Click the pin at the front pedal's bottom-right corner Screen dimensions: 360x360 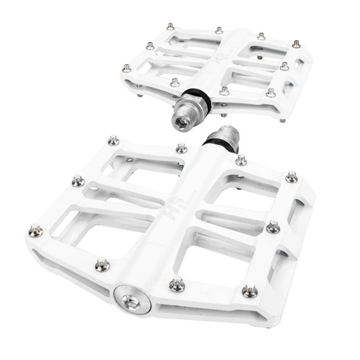coord(249,290)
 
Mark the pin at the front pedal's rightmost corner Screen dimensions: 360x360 coord(290,178)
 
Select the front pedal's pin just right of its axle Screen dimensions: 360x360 coord(241,160)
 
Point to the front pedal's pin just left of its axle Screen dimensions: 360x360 coord(181,148)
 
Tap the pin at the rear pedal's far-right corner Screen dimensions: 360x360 coord(299,43)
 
